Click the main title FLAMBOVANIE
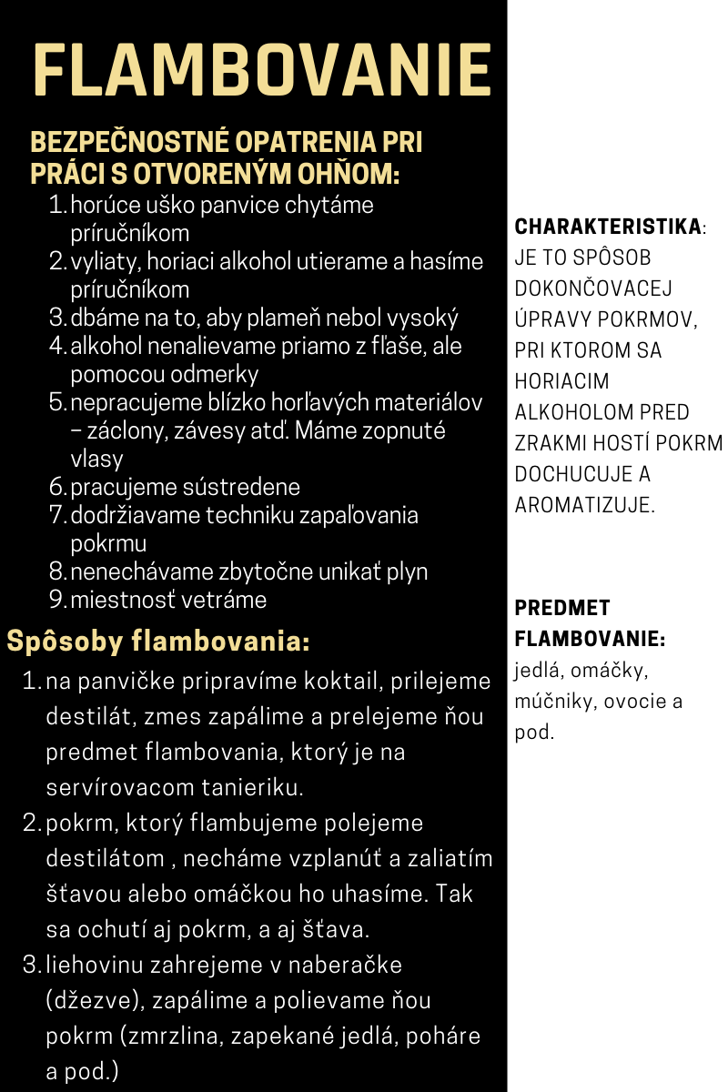[262, 71]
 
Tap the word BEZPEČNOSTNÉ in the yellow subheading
[129, 144]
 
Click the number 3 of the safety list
[56, 318]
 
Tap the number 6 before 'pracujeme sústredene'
[56, 488]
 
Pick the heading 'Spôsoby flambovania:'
[158, 642]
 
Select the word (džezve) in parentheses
[93, 1001]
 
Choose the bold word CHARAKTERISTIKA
[608, 227]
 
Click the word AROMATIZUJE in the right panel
[584, 505]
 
